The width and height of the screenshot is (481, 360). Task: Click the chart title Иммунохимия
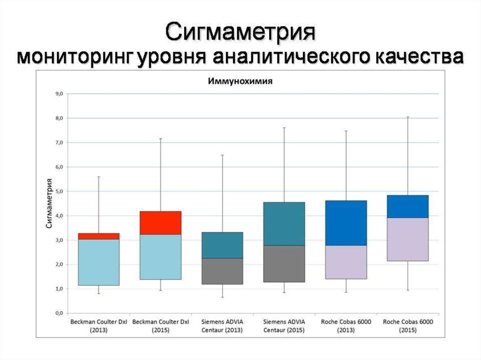pos(240,81)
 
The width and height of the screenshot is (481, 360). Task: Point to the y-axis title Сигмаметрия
pos(49,203)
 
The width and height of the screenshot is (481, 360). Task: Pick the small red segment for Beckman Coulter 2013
pos(98,236)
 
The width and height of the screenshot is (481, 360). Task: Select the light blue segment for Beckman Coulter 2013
pos(98,262)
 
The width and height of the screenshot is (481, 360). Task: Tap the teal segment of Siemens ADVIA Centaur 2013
pos(222,245)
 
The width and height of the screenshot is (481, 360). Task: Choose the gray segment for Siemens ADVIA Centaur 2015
pos(284,263)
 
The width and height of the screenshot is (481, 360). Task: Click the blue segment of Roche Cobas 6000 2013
pos(346,223)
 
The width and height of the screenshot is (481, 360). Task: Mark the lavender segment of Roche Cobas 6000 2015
pos(408,239)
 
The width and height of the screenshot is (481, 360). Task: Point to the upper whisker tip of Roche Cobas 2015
pos(408,117)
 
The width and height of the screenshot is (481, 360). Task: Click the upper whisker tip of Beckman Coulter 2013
pos(98,177)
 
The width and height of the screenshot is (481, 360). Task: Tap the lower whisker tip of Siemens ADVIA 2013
pos(222,297)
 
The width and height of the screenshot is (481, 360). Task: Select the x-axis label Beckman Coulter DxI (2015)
pos(161,326)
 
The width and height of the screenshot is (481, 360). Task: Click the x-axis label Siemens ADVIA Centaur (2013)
pos(222,326)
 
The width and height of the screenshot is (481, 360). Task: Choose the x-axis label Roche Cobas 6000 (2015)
pos(408,326)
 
